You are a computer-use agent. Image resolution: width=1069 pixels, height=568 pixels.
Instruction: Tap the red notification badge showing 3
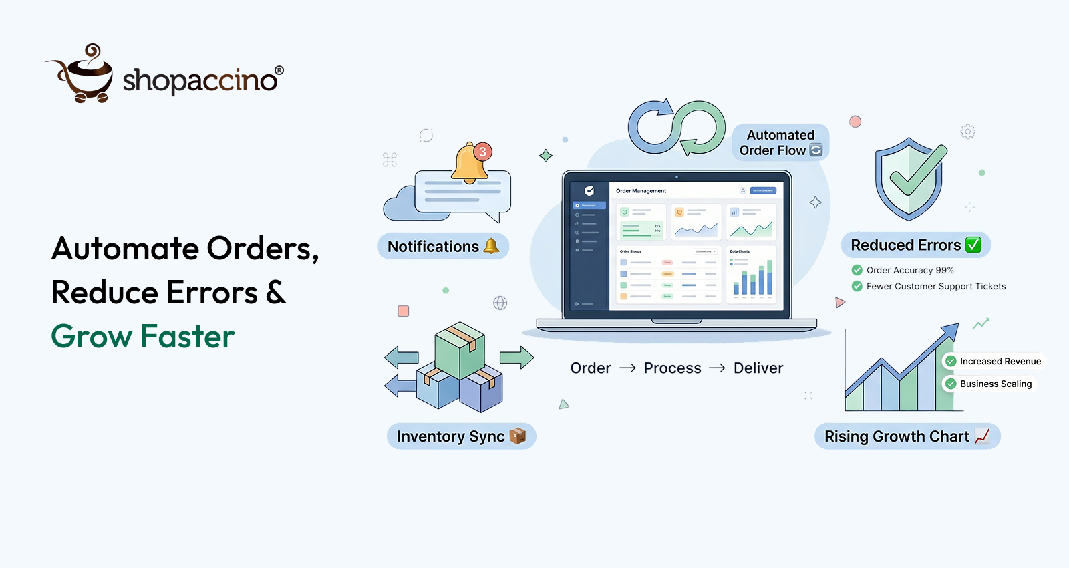482,152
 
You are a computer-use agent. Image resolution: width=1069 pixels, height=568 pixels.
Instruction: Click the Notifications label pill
443,247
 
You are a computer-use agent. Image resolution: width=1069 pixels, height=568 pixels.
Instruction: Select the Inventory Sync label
461,436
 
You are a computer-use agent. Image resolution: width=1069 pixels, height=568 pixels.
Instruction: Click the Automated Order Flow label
780,142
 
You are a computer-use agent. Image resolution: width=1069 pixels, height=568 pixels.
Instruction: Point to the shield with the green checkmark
910,178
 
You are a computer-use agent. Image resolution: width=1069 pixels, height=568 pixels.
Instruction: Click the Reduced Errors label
915,245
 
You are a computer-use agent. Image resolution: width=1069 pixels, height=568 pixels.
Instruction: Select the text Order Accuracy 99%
910,270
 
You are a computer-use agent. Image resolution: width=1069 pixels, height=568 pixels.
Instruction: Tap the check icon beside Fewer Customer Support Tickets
857,286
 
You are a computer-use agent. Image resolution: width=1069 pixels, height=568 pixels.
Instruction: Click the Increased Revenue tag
993,361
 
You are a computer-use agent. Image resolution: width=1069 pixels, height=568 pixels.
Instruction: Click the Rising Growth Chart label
907,436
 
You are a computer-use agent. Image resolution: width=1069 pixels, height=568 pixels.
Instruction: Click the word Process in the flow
672,368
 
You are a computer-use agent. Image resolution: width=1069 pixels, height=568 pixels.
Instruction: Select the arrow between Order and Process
627,368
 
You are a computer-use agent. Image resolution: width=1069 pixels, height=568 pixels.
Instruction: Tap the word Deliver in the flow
758,368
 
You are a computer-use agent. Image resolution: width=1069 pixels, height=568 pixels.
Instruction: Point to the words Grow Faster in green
143,336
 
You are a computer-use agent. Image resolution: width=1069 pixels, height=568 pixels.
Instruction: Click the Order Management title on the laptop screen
641,191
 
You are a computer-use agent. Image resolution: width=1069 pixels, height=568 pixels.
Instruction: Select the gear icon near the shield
967,132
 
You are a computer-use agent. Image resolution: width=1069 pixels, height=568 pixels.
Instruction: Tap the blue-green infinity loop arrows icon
676,128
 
